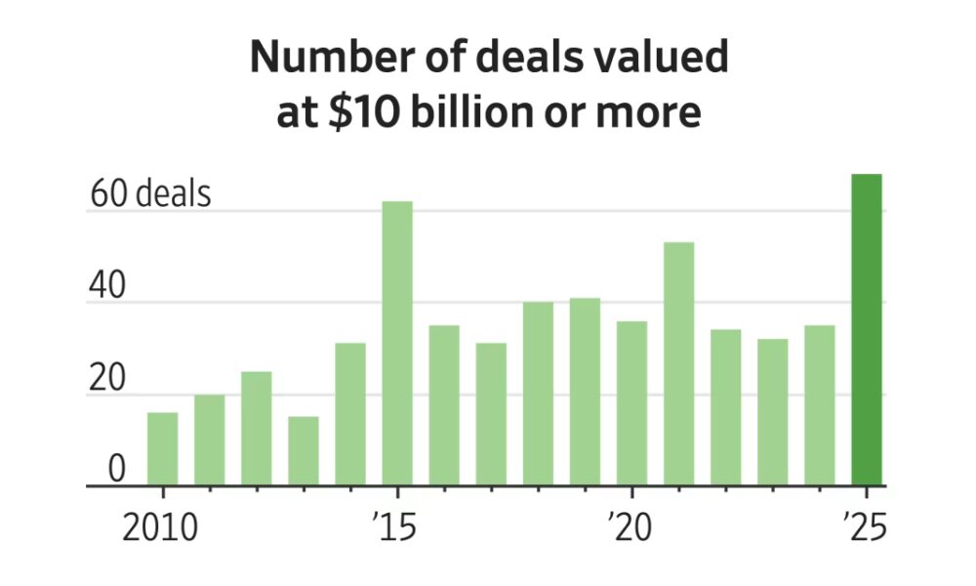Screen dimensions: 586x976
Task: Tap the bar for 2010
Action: tap(162, 449)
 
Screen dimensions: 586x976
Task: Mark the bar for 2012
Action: tap(256, 429)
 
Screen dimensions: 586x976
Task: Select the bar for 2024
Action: tap(819, 405)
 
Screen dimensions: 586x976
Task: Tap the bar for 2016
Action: tap(444, 405)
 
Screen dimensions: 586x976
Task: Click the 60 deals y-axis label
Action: tap(150, 194)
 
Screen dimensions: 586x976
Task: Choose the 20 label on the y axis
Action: tap(108, 379)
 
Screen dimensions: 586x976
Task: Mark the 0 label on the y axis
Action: tap(117, 470)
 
